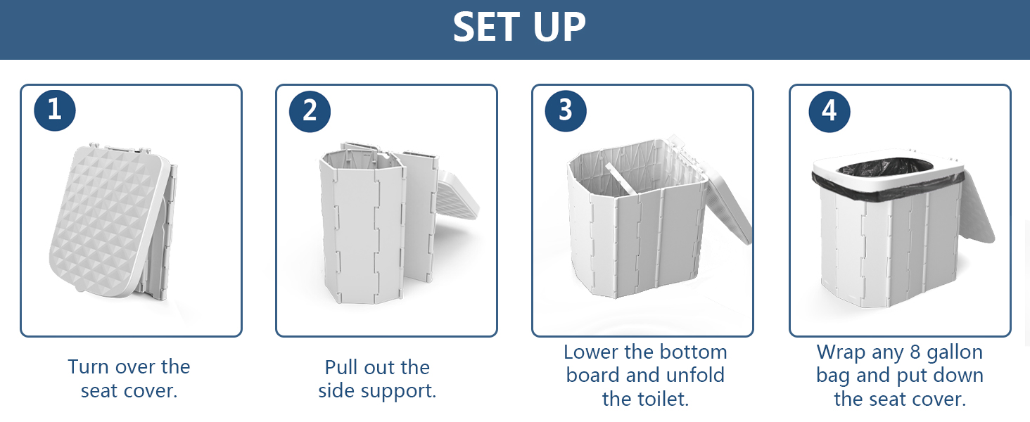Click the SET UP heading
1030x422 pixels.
(519, 27)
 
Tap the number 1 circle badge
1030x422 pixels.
(55, 110)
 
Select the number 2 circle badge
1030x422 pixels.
(310, 111)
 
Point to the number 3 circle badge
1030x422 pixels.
(566, 111)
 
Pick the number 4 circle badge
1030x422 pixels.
(829, 111)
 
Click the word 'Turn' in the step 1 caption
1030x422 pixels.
(88, 367)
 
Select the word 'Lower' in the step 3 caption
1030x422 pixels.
(591, 352)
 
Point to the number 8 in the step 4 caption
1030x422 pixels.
(915, 352)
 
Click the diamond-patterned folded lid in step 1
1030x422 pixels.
(103, 221)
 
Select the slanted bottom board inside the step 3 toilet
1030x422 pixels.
(620, 179)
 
